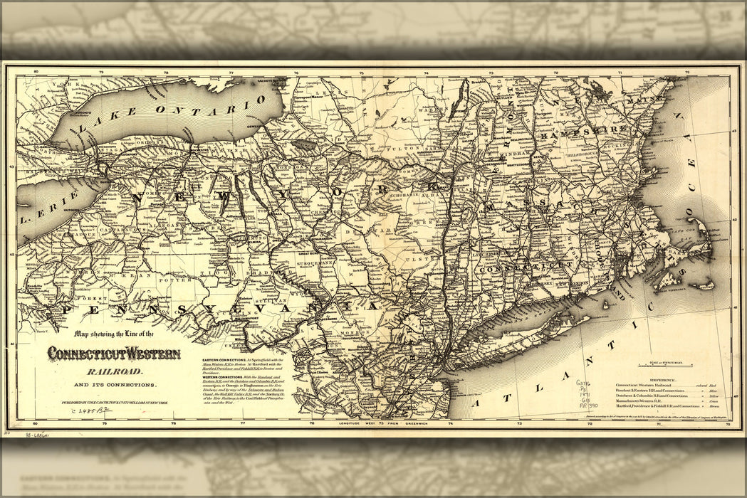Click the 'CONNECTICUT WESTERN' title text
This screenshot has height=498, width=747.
[114, 354]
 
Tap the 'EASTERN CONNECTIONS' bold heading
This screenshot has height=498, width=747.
[225, 361]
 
